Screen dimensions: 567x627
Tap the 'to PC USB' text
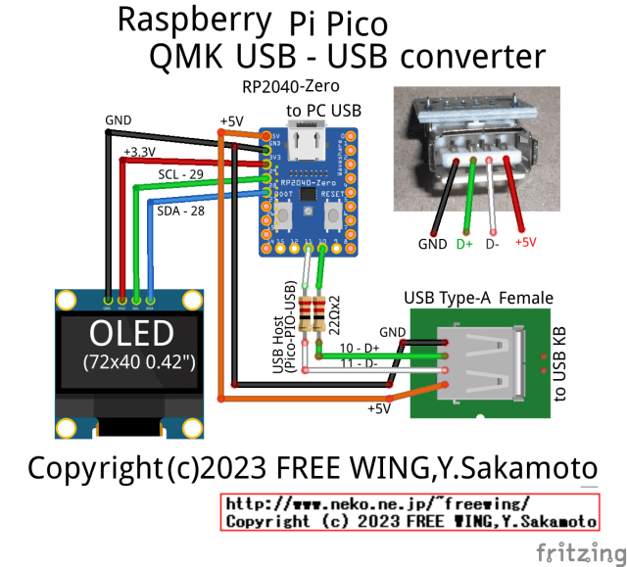tap(324, 111)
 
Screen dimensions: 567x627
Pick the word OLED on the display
tap(131, 334)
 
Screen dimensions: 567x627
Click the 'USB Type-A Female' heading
tap(478, 298)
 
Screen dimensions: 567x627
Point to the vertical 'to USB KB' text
tap(561, 362)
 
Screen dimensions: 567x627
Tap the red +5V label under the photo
tap(525, 242)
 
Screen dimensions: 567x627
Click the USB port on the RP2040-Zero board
tap(311, 147)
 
